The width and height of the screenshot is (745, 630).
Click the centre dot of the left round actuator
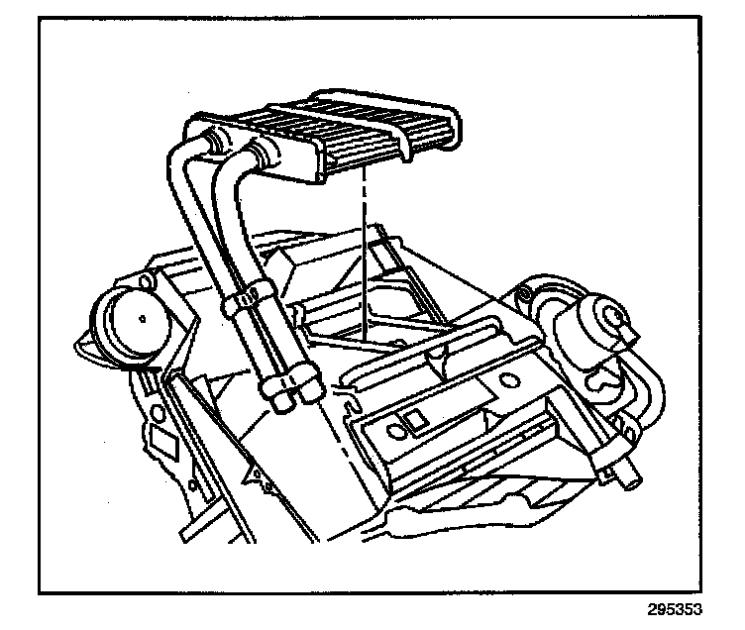[x=145, y=318]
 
